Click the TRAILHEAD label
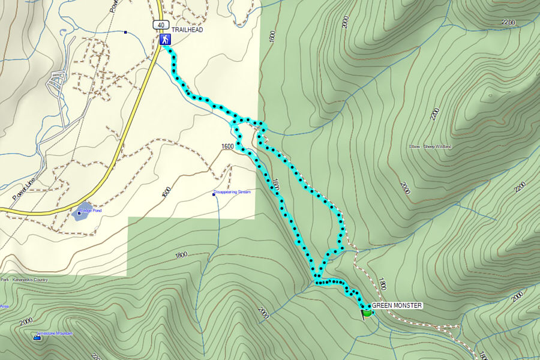(x=187, y=30)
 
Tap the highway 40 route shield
(x=159, y=25)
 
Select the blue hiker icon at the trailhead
(x=164, y=40)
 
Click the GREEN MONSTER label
(x=397, y=305)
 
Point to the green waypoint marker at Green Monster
(x=367, y=312)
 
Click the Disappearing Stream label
(x=233, y=192)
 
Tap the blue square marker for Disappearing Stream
(x=215, y=194)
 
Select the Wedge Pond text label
(x=91, y=211)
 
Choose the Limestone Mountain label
(x=55, y=333)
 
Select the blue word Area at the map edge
(x=4, y=306)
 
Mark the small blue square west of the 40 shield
(x=125, y=32)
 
